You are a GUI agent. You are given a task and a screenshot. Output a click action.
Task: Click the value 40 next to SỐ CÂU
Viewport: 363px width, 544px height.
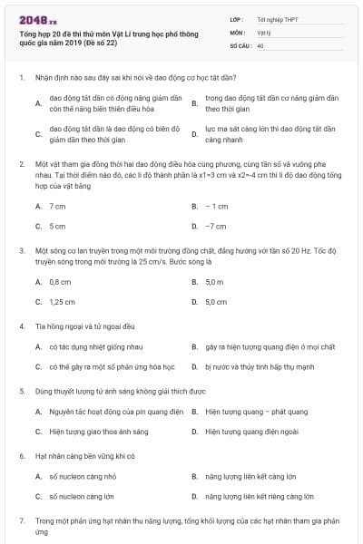click(260, 44)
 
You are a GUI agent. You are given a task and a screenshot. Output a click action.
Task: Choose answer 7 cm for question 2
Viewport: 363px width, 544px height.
click(57, 207)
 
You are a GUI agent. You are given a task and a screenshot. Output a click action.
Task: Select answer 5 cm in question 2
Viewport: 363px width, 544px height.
click(57, 226)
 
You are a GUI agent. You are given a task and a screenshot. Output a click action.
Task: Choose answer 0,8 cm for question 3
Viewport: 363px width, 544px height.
click(60, 282)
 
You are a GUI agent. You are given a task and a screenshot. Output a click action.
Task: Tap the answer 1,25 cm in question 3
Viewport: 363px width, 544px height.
click(62, 301)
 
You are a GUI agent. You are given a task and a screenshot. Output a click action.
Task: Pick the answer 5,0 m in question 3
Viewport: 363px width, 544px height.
click(215, 282)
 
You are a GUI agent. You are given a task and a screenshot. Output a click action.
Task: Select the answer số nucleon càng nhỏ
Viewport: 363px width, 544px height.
click(82, 477)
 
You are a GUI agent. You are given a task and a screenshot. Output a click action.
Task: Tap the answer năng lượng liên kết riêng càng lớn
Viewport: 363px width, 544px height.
click(262, 497)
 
